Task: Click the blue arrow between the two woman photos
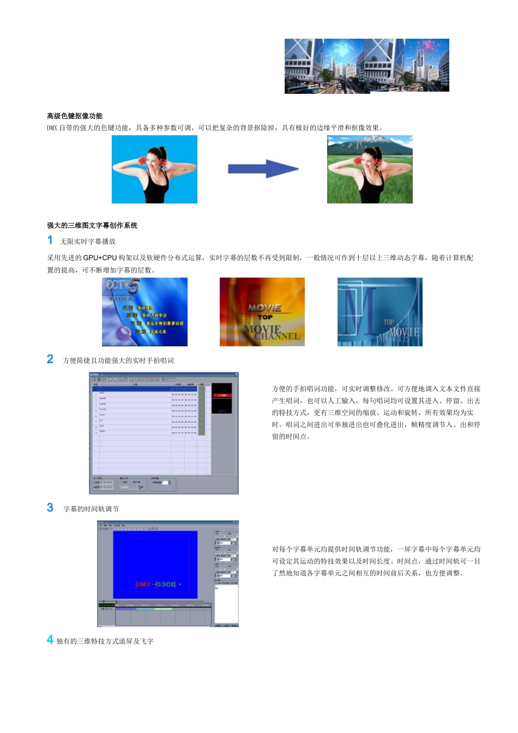[x=263, y=169]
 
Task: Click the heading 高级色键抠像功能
[x=75, y=116]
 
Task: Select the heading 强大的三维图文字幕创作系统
[x=92, y=225]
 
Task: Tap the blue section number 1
[x=50, y=241]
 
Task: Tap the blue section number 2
[x=50, y=359]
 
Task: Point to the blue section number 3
[x=50, y=508]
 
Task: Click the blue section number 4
[x=50, y=640]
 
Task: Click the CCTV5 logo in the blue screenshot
[x=123, y=285]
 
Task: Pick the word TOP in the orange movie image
[x=265, y=317]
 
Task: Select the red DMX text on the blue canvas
[x=143, y=584]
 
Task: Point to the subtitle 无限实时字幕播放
[x=88, y=242]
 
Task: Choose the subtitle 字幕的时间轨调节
[x=91, y=509]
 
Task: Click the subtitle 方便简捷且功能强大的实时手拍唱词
[x=118, y=361]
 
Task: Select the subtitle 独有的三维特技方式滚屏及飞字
[x=105, y=641]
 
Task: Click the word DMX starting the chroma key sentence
[x=52, y=128]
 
